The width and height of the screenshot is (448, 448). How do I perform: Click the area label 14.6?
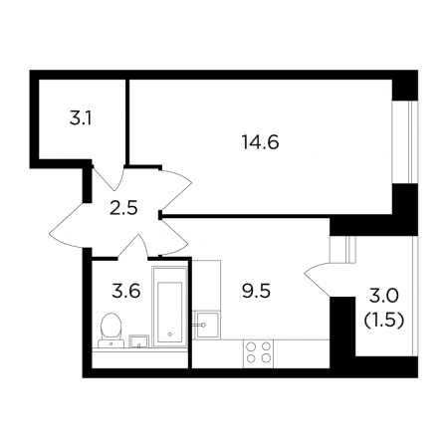[x=261, y=142]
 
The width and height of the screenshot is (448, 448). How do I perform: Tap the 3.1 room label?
[x=81, y=118]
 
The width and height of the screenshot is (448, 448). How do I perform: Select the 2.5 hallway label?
[x=123, y=209]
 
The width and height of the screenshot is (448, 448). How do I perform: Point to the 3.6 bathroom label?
[x=126, y=291]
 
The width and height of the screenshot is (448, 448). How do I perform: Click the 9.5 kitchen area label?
[x=257, y=292]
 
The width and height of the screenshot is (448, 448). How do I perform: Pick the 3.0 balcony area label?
[x=383, y=296]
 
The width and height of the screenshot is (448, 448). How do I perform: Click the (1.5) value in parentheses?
[x=383, y=321]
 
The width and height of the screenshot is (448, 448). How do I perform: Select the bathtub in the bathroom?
[x=170, y=307]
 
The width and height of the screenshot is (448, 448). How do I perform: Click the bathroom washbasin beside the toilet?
[x=139, y=341]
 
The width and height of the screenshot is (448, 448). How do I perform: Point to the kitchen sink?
[x=206, y=325]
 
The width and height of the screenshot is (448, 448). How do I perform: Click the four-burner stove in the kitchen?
[x=258, y=352]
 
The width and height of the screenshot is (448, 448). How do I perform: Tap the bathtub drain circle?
[x=170, y=335]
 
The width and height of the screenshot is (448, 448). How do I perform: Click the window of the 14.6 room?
[x=405, y=141]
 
